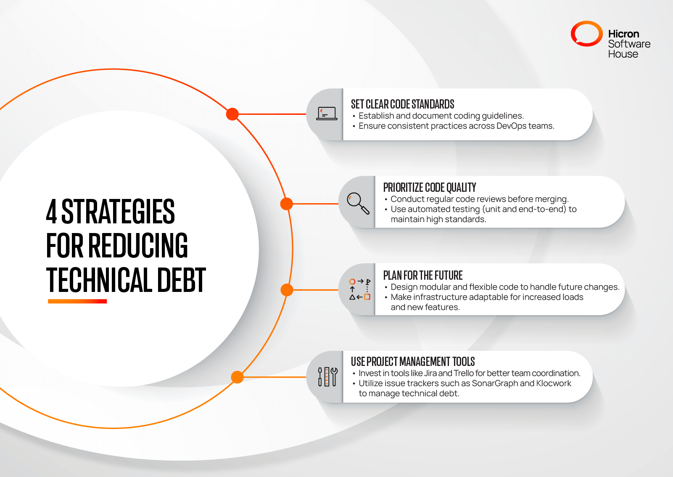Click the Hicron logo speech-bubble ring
tap(586, 34)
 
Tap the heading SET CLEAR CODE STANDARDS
tap(402, 104)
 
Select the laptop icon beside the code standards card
tap(327, 114)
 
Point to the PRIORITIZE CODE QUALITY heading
tap(429, 188)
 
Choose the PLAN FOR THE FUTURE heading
tap(422, 276)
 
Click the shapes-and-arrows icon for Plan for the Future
tap(359, 289)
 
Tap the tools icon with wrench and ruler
tap(327, 376)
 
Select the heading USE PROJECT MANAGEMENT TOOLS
tap(412, 362)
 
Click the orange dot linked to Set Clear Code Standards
tap(232, 114)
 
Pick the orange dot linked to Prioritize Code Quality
tap(286, 204)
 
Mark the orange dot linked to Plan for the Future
tap(287, 290)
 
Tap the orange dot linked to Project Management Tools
tap(238, 377)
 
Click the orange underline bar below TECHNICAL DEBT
tap(77, 301)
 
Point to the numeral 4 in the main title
tap(51, 212)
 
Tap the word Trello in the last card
tap(464, 374)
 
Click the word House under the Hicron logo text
tap(623, 54)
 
